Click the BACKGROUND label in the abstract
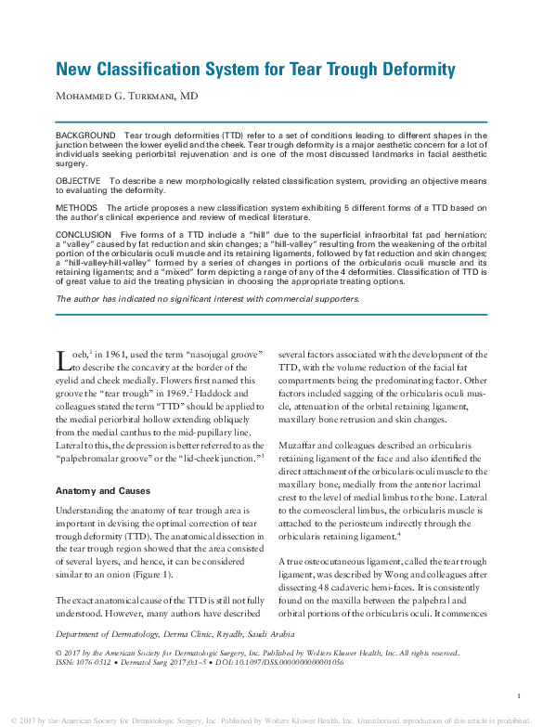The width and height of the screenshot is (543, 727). [85, 136]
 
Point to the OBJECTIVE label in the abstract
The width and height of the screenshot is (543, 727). [80, 180]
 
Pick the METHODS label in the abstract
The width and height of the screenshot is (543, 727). [77, 207]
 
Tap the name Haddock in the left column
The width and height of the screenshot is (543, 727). [217, 394]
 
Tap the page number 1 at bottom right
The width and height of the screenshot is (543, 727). [518, 695]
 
